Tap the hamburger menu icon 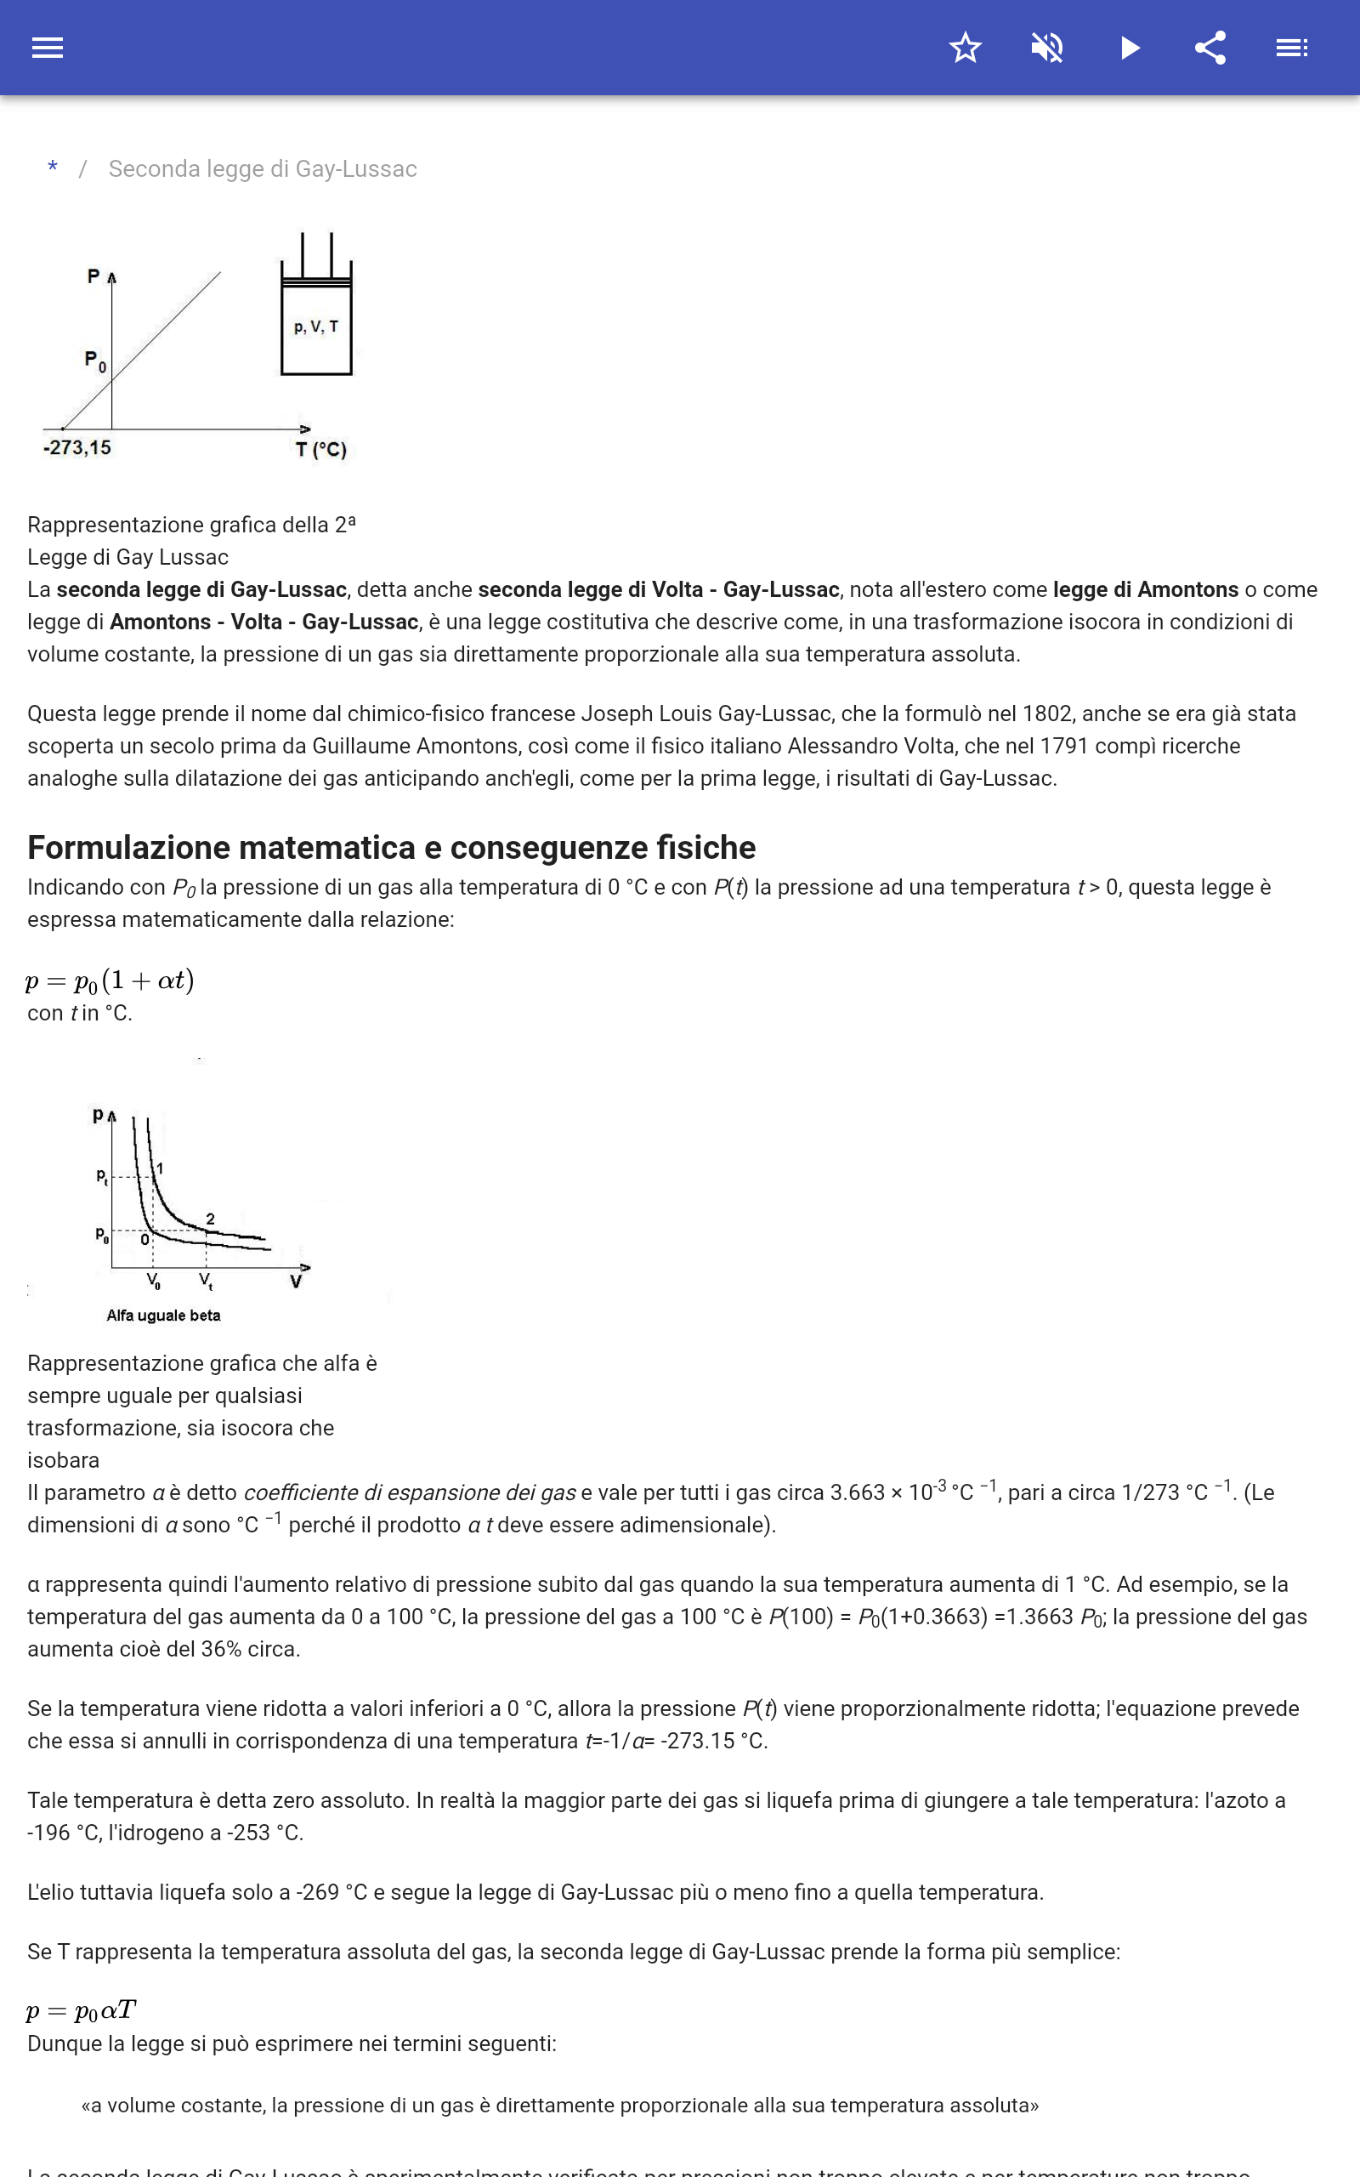[x=47, y=48]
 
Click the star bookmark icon [x=964, y=48]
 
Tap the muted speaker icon [x=1047, y=48]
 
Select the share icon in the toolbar [x=1210, y=48]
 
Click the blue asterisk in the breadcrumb [x=53, y=168]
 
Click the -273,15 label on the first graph [x=77, y=447]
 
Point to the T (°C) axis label [x=321, y=449]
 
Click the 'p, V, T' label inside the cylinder [x=315, y=327]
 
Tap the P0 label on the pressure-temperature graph [x=94, y=360]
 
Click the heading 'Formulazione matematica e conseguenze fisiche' [x=391, y=847]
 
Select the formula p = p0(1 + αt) [x=110, y=980]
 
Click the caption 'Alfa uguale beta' [x=163, y=1316]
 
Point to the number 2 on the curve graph [x=211, y=1218]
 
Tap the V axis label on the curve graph [x=295, y=1282]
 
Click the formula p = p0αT [x=81, y=2010]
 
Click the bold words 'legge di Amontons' [x=1145, y=589]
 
